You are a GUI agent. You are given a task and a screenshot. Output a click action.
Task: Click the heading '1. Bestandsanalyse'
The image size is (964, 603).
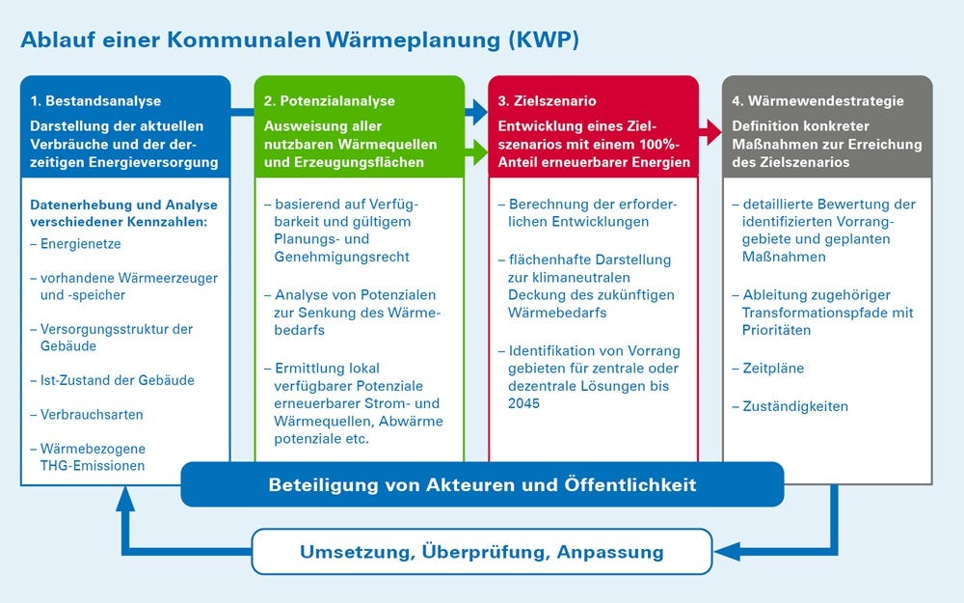pos(95,101)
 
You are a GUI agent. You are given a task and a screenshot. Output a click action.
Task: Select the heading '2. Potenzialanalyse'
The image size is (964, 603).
pos(329,101)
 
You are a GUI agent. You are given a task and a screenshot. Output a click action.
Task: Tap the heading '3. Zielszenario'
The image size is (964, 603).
pos(547,101)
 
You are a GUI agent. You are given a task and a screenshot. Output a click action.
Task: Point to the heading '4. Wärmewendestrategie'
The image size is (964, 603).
pos(817,101)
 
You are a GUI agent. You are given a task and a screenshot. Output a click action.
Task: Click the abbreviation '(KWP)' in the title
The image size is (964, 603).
pos(544,40)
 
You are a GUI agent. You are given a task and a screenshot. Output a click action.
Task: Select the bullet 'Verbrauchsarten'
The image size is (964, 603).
pos(87,415)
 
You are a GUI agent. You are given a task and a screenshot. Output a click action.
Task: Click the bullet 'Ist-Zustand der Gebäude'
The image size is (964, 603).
pos(112,380)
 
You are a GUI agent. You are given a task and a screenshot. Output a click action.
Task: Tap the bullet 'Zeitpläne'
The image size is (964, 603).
pos(768,369)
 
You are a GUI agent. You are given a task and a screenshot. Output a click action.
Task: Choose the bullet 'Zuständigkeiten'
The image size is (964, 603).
pos(790,407)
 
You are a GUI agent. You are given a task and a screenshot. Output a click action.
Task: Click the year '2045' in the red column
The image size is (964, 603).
pos(523,403)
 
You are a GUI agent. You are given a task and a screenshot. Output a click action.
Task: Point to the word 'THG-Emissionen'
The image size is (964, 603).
pos(93,466)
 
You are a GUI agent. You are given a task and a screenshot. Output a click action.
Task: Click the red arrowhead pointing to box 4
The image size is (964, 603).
pos(713,132)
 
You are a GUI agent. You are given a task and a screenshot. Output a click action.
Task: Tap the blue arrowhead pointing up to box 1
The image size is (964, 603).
pos(125,499)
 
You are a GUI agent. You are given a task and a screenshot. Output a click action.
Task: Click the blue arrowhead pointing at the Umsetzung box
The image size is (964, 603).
pos(727,551)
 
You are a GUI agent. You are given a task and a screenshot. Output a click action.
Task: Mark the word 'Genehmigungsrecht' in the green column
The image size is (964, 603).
pos(342,258)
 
